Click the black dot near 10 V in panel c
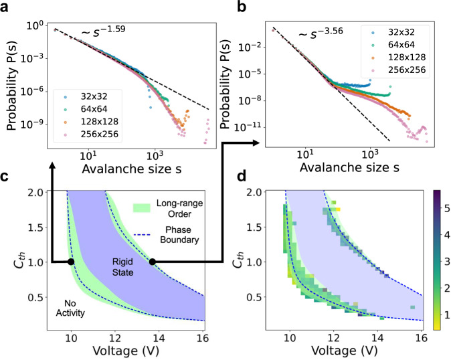pyautogui.click(x=71, y=262)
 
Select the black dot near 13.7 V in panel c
pyautogui.click(x=152, y=262)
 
